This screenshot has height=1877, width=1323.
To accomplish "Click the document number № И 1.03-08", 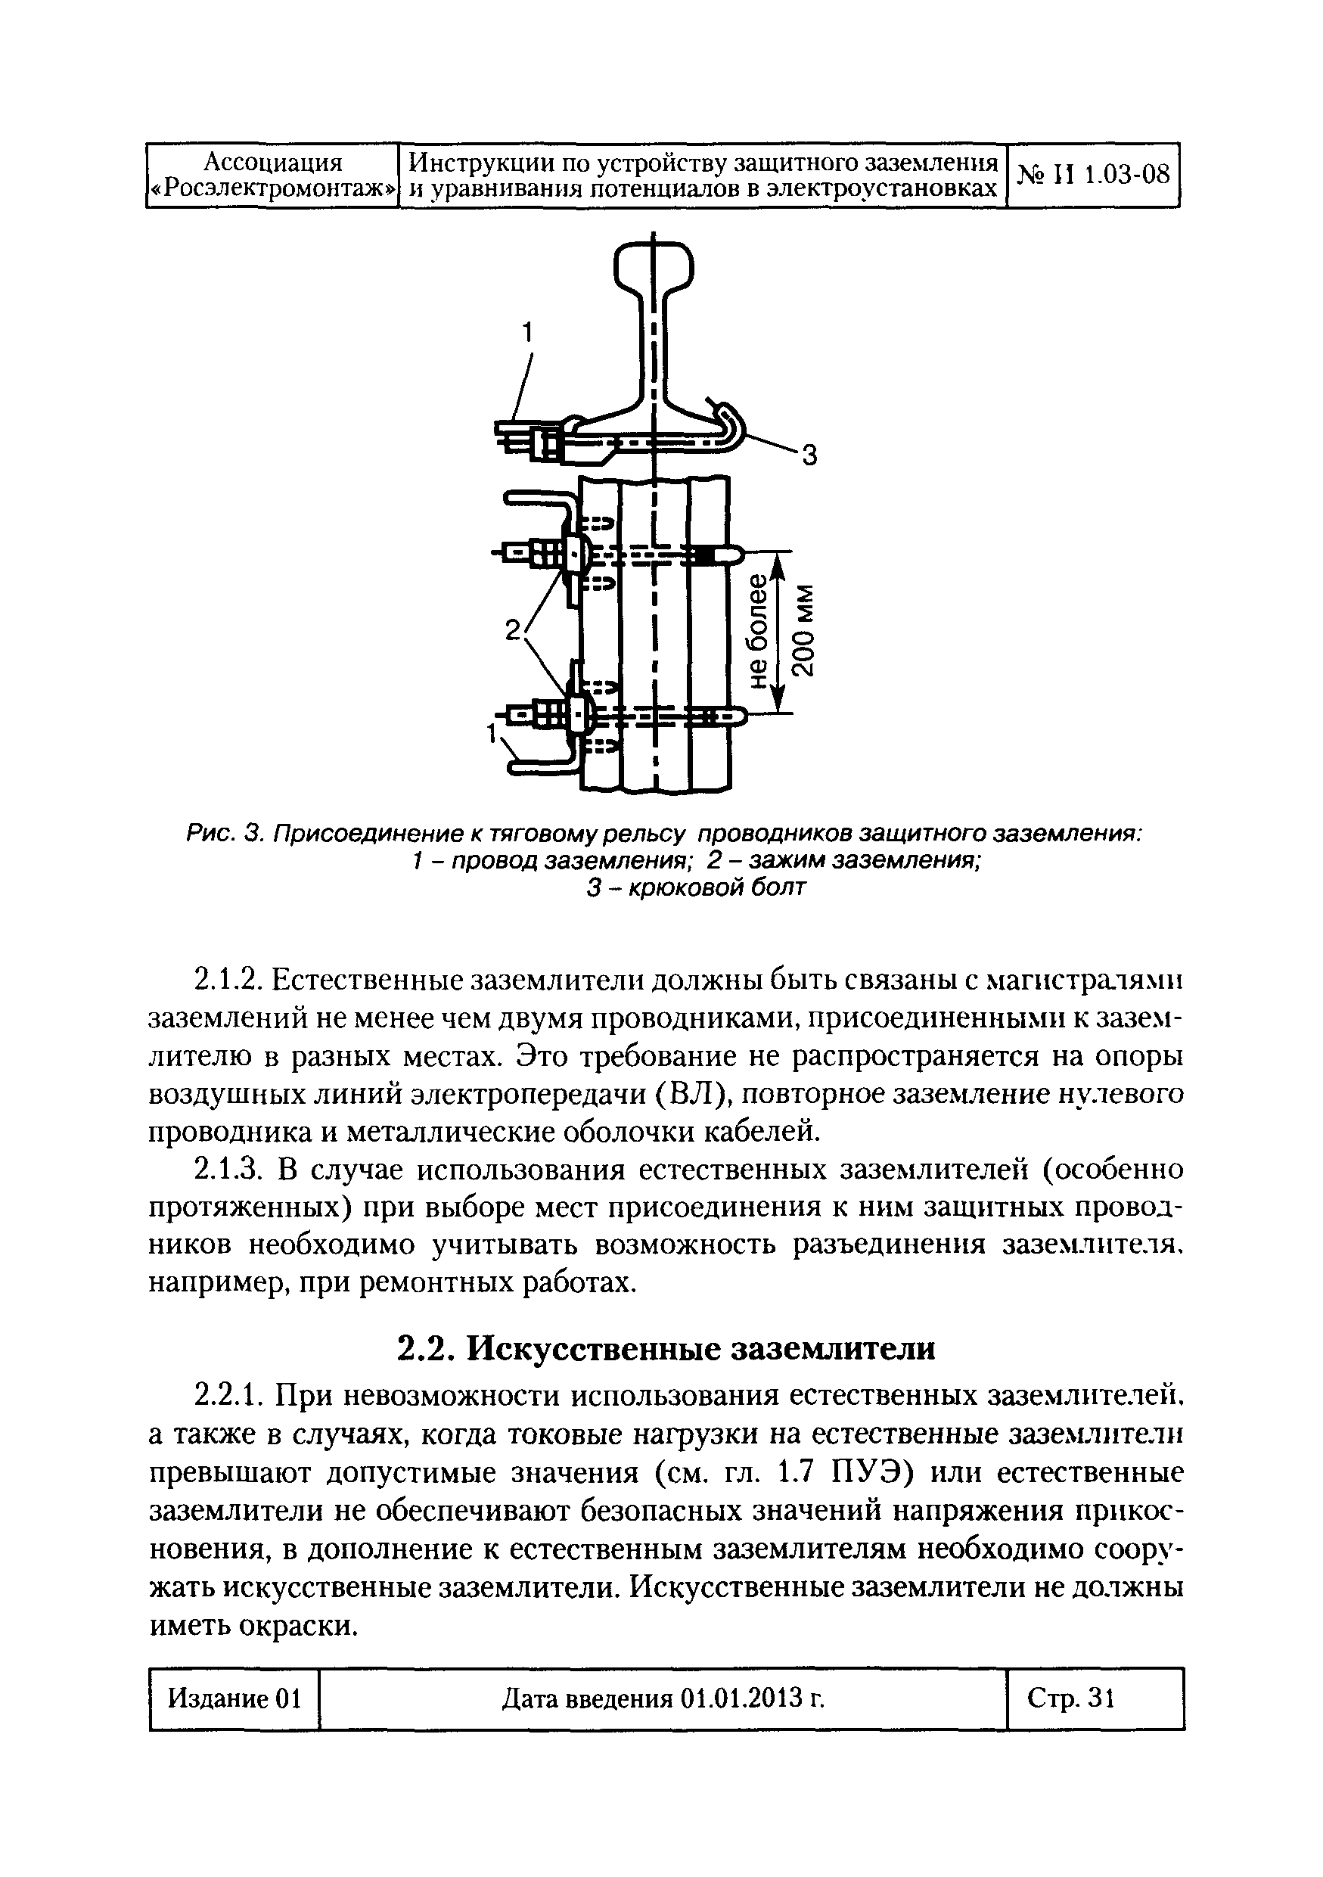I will [1092, 174].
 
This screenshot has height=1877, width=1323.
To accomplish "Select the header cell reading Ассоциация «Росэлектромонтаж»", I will [272, 175].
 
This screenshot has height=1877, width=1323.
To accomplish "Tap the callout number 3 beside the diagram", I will [808, 455].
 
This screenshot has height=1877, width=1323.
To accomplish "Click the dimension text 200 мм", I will [805, 630].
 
